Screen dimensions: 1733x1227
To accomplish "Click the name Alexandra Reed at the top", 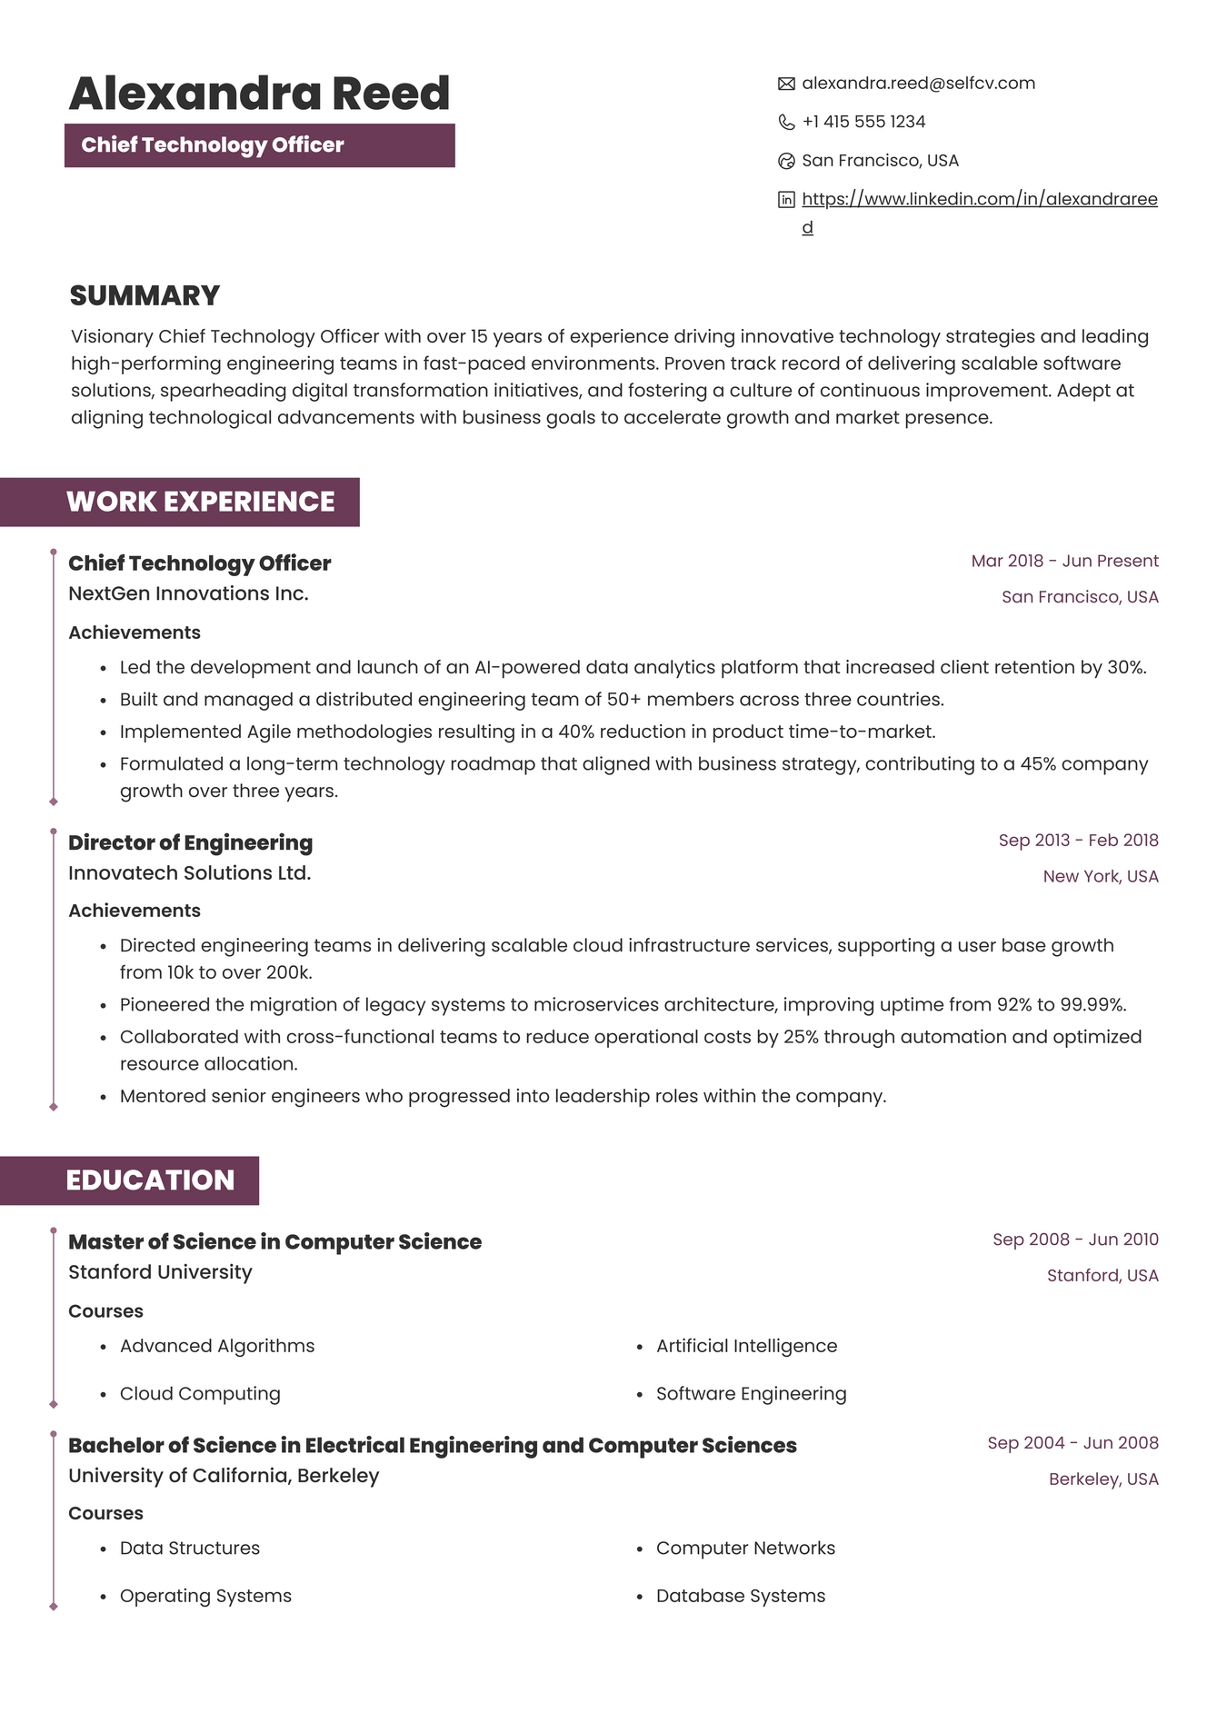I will pyautogui.click(x=259, y=94).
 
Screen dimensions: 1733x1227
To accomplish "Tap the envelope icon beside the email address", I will pyautogui.click(x=786, y=84).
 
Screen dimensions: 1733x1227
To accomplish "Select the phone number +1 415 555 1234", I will pyautogui.click(x=863, y=122).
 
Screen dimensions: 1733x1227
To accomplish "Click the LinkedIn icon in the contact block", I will pyautogui.click(x=786, y=200).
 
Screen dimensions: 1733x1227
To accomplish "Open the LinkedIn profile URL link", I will pyautogui.click(x=979, y=199).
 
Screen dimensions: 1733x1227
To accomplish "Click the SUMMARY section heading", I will pyautogui.click(x=145, y=295).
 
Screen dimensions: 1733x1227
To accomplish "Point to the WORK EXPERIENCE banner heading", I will pyautogui.click(x=200, y=502).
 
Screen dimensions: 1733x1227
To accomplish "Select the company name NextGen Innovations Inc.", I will pyautogui.click(x=188, y=593).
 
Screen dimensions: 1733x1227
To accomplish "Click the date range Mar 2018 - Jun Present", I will pyautogui.click(x=1064, y=561).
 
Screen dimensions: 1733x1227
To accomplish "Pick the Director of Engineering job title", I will pyautogui.click(x=190, y=842).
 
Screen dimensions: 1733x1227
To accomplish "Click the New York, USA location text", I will pyautogui.click(x=1100, y=876).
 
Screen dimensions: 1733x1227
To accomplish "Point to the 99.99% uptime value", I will pyautogui.click(x=1092, y=1004).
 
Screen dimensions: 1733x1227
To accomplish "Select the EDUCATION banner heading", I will pyautogui.click(x=150, y=1180).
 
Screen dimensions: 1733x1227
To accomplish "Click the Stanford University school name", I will pyautogui.click(x=160, y=1272).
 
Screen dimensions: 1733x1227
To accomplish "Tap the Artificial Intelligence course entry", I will pyautogui.click(x=746, y=1346).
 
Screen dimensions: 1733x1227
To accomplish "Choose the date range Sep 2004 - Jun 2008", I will pyautogui.click(x=1072, y=1443).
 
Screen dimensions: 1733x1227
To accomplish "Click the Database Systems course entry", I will pyautogui.click(x=741, y=1596).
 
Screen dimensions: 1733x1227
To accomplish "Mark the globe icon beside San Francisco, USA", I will pyautogui.click(x=786, y=161).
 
